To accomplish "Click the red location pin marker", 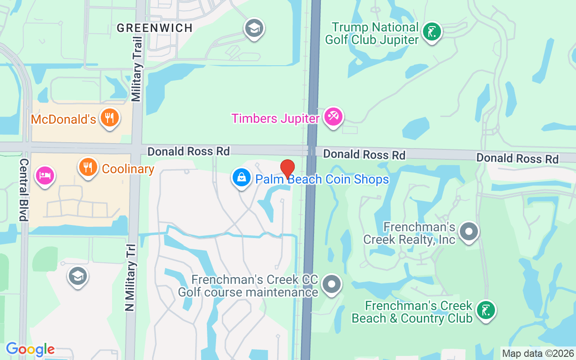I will pos(288,169).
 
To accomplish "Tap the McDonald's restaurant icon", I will pos(109,118).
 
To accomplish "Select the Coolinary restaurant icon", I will pos(88,167).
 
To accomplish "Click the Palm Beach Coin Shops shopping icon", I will pos(242,178).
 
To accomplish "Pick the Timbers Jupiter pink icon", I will pos(333,117).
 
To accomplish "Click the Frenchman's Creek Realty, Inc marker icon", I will pos(469,232).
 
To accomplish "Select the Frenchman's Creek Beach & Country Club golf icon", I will pos(486,310).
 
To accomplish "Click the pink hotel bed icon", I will pos(45,175).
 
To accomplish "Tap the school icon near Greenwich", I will pos(254,29).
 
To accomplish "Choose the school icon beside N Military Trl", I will pos(78,276).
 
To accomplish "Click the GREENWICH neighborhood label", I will pos(154,28).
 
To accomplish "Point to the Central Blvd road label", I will pos(24,189).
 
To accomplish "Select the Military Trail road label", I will pos(137,69).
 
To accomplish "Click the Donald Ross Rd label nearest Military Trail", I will pos(189,151).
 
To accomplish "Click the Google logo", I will pos(30,349).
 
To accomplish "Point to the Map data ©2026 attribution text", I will pos(538,354).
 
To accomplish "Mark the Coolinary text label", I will pos(128,169).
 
